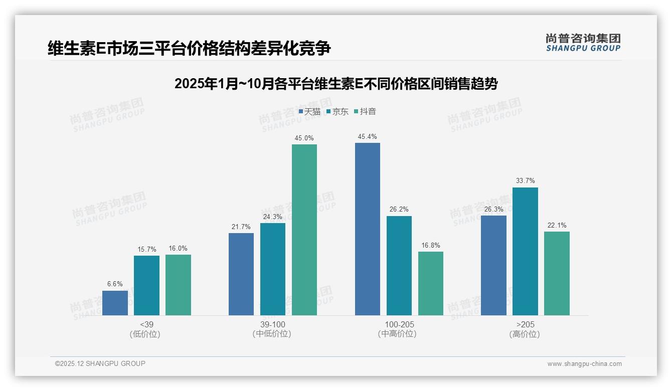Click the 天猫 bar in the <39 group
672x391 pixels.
point(115,303)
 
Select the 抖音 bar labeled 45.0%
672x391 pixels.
point(304,230)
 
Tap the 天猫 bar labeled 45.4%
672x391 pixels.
point(368,229)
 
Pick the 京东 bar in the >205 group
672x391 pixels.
point(525,251)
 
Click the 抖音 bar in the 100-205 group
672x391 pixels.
point(431,283)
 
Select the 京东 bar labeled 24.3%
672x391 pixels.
point(273,269)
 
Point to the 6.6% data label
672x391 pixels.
point(115,284)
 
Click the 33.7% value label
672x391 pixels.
point(525,181)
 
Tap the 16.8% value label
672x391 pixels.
point(431,245)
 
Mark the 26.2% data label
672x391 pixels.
point(399,210)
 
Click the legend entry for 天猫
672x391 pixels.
point(309,112)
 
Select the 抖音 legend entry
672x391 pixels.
point(365,112)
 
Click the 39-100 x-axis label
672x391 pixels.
point(272,324)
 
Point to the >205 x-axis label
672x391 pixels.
point(525,324)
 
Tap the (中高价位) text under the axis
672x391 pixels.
point(399,334)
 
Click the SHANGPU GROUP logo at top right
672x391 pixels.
point(583,43)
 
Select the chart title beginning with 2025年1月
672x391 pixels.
point(335,84)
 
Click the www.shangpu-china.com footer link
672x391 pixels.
point(584,364)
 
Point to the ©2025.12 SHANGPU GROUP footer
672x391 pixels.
point(100,363)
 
